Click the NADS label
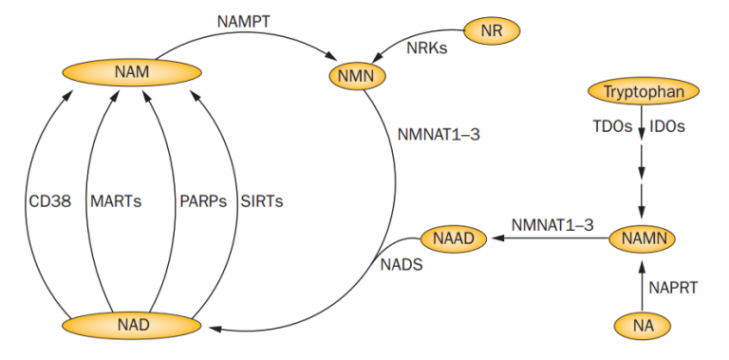click(402, 268)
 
